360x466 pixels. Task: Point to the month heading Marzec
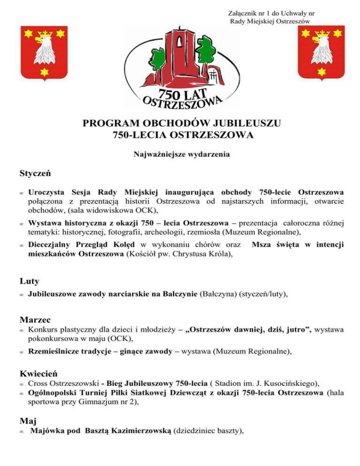pyautogui.click(x=36, y=320)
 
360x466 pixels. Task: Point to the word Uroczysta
pyautogui.click(x=47, y=192)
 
